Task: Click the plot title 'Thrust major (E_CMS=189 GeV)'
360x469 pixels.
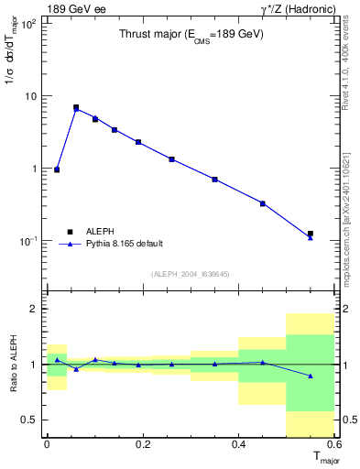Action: pyautogui.click(x=191, y=34)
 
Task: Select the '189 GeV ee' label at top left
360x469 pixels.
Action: pyautogui.click(x=78, y=8)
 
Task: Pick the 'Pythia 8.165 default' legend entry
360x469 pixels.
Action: pyautogui.click(x=125, y=244)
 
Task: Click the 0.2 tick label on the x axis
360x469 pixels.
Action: pyautogui.click(x=142, y=444)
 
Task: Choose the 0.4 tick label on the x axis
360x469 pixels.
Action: pyautogui.click(x=238, y=444)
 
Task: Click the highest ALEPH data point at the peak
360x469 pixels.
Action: pyautogui.click(x=76, y=107)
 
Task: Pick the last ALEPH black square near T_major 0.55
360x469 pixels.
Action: pyautogui.click(x=311, y=234)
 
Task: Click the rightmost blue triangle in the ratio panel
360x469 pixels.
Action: pyautogui.click(x=311, y=376)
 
